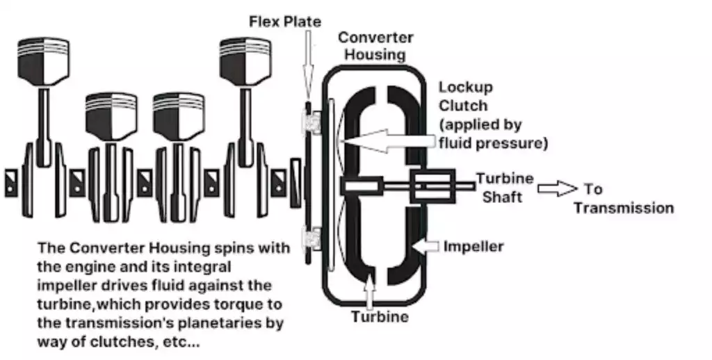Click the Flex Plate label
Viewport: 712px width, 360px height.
pyautogui.click(x=285, y=22)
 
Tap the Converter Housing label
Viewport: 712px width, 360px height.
pyautogui.click(x=375, y=46)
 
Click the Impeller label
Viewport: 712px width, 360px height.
pyautogui.click(x=474, y=246)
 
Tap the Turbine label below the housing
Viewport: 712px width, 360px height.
pyautogui.click(x=379, y=317)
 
